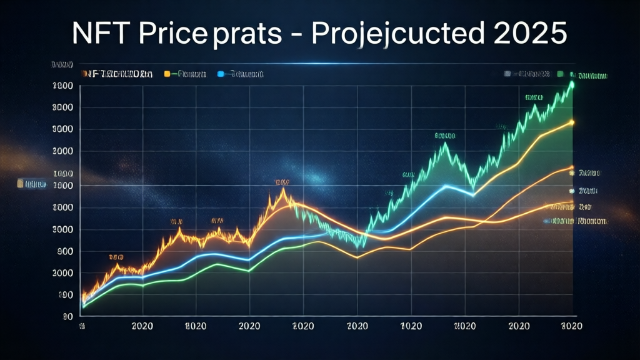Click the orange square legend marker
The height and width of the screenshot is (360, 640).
pyautogui.click(x=167, y=74)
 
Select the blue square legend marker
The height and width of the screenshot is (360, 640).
pyautogui.click(x=220, y=74)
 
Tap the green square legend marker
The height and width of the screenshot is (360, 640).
pyautogui.click(x=560, y=74)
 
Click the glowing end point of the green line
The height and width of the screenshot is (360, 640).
pyautogui.click(x=571, y=84)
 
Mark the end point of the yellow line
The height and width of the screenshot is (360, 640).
pyautogui.click(x=572, y=122)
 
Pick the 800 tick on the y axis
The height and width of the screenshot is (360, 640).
pyautogui.click(x=64, y=251)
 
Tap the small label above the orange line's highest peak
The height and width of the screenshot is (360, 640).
pyautogui.click(x=282, y=182)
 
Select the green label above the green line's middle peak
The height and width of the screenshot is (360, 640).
pyautogui.click(x=444, y=136)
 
